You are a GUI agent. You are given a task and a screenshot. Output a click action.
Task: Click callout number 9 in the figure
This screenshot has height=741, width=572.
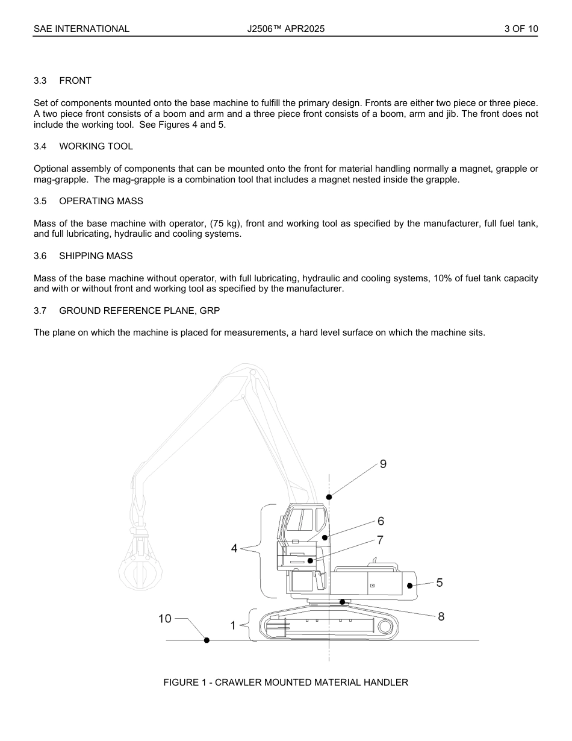click(x=383, y=464)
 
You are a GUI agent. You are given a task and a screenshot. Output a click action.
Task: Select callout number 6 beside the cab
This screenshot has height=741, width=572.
click(x=381, y=521)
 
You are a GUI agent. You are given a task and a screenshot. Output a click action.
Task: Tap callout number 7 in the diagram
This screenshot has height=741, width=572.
click(x=380, y=540)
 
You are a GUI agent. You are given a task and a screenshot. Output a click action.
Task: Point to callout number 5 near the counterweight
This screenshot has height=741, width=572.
click(x=440, y=583)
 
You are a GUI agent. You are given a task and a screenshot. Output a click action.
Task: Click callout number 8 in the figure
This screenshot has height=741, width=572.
click(x=441, y=616)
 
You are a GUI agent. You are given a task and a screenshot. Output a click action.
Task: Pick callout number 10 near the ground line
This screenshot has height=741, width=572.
click(x=165, y=618)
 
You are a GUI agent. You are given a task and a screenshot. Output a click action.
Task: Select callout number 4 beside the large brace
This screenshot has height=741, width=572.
click(x=234, y=548)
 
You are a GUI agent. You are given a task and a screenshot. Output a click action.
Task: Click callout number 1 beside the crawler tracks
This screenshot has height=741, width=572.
click(x=233, y=626)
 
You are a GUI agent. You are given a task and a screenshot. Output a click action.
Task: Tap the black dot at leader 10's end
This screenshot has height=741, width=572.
click(x=207, y=640)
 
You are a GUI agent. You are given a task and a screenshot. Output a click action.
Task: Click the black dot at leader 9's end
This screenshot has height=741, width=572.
click(x=329, y=497)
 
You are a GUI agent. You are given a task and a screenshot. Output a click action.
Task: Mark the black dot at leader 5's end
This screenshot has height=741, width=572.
click(x=410, y=585)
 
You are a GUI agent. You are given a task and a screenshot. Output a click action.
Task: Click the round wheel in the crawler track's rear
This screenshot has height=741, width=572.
click(x=386, y=627)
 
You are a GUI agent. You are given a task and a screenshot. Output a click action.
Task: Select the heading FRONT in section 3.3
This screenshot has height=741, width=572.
click(x=75, y=81)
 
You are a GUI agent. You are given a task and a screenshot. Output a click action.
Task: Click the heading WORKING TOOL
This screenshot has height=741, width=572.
click(x=96, y=146)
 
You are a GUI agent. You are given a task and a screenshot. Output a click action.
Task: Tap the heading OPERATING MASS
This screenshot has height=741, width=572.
click(x=101, y=201)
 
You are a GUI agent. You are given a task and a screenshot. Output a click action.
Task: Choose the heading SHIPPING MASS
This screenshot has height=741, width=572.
click(x=96, y=256)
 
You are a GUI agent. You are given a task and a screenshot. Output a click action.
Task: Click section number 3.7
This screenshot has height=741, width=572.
click(x=40, y=311)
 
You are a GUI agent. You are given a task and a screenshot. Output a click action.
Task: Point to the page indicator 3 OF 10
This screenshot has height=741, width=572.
click(x=521, y=28)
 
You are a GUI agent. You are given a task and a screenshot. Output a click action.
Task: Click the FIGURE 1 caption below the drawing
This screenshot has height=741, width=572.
click(x=286, y=683)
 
